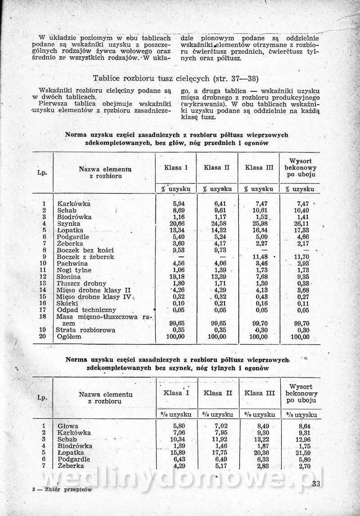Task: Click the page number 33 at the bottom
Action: coord(315,484)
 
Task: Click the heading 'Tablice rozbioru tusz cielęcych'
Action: coord(175,78)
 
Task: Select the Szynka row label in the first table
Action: coord(69,224)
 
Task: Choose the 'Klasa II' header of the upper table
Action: coord(216,168)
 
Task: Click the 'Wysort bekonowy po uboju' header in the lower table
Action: coord(301,393)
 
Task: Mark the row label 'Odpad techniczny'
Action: coord(86,310)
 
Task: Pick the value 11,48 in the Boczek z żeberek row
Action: coord(258,257)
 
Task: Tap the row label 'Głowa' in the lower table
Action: coord(68,426)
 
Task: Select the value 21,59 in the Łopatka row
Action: coord(301,453)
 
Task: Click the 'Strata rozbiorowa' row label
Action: coord(85,330)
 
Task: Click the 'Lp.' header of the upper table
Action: coord(42,172)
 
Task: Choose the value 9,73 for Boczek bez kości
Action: coord(218,250)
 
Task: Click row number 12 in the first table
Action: coord(43,277)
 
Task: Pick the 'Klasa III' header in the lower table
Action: coord(260,393)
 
